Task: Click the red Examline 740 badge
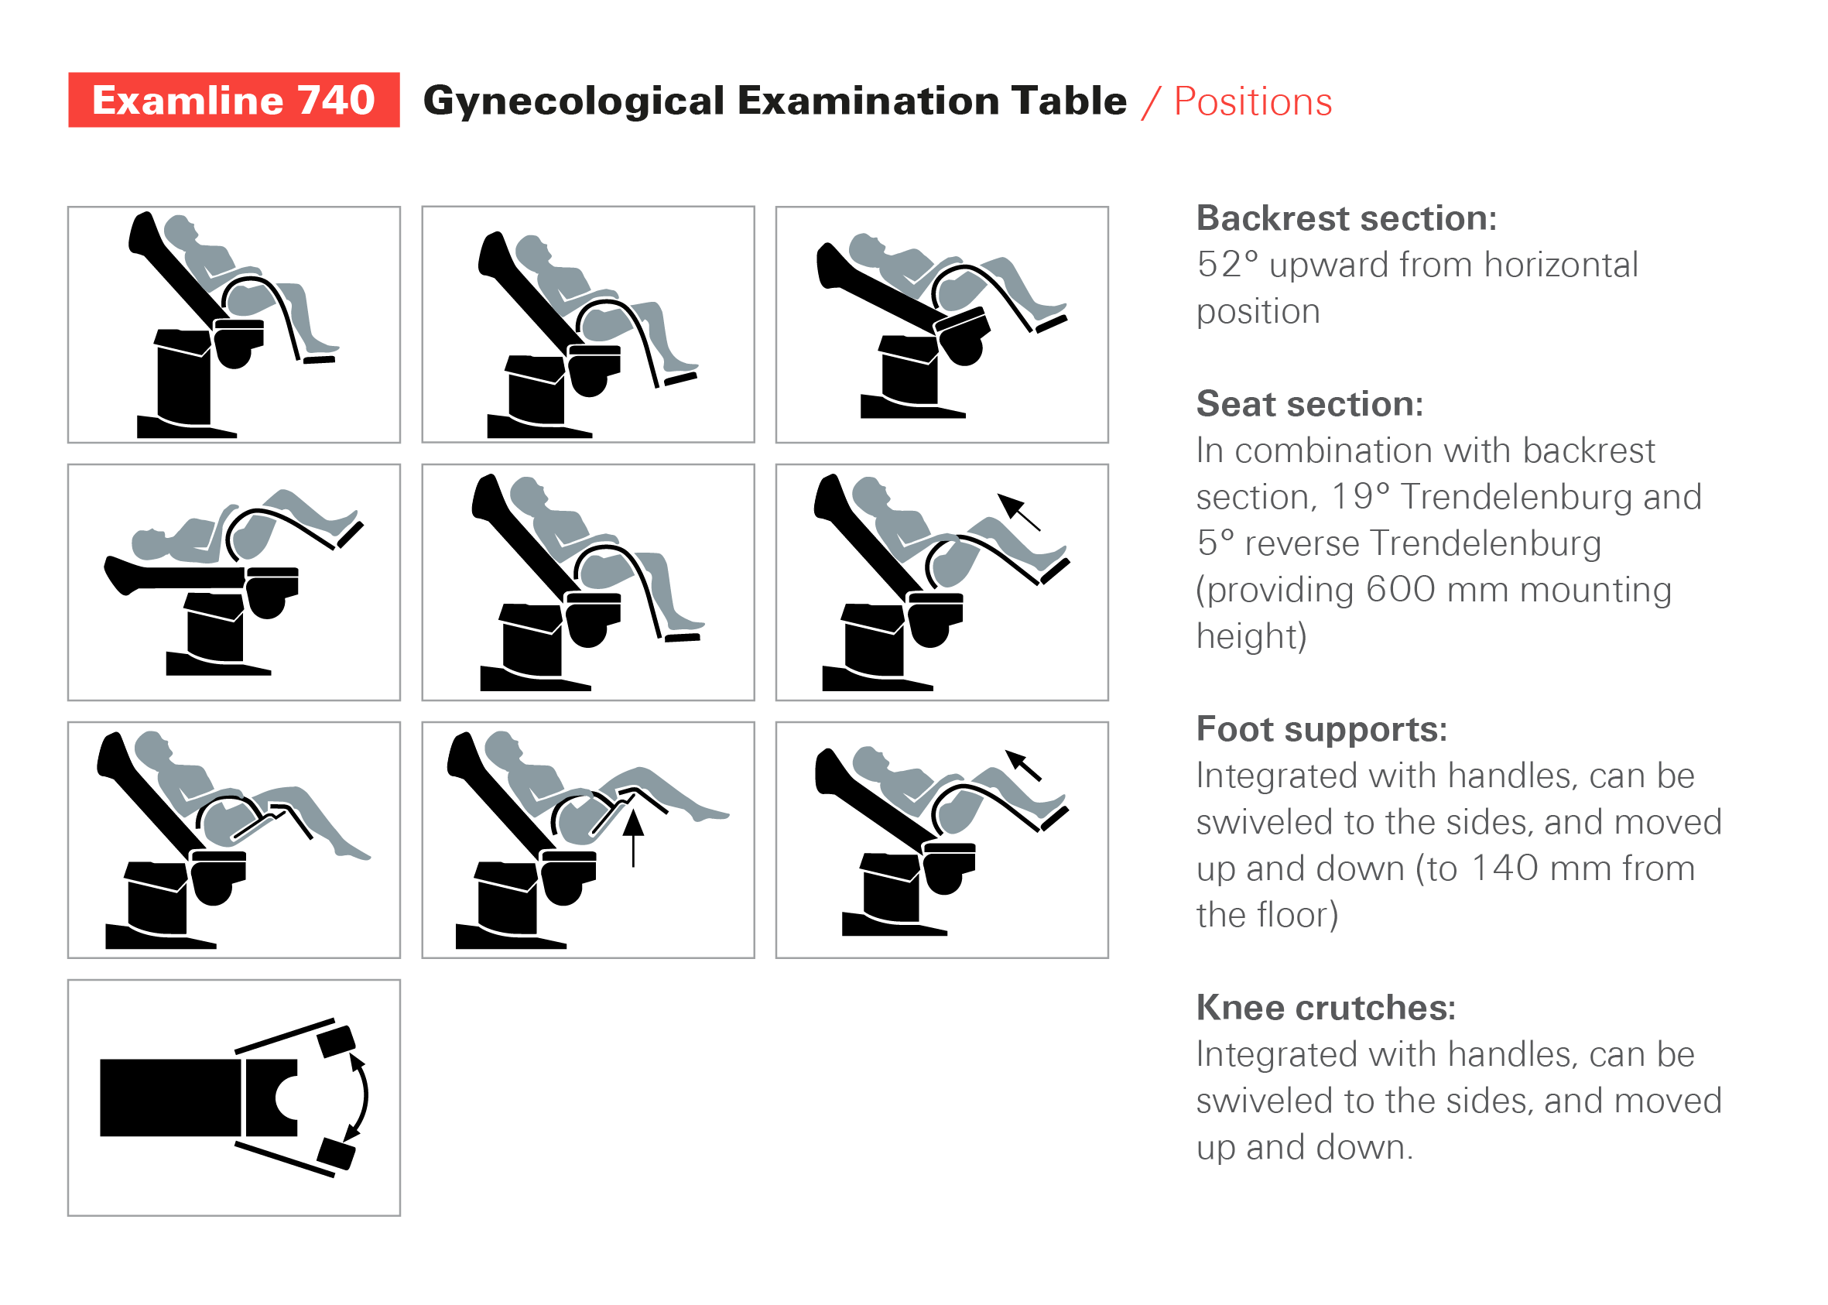pyautogui.click(x=233, y=100)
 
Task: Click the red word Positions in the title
pyautogui.click(x=1252, y=102)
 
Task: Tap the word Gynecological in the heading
pyautogui.click(x=573, y=102)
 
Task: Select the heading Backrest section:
pyautogui.click(x=1346, y=217)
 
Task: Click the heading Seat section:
pyautogui.click(x=1309, y=403)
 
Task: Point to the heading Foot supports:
pyautogui.click(x=1321, y=730)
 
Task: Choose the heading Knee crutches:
pyautogui.click(x=1326, y=1008)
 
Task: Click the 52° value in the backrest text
pyautogui.click(x=1227, y=265)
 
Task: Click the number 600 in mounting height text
pyautogui.click(x=1401, y=590)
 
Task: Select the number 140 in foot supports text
pyautogui.click(x=1505, y=868)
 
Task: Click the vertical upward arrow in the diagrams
pyautogui.click(x=633, y=838)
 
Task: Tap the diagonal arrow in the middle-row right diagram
pyautogui.click(x=1018, y=512)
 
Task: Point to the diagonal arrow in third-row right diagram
pyautogui.click(x=1024, y=765)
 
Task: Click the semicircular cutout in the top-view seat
pyautogui.click(x=286, y=1098)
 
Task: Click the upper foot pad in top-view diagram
pyautogui.click(x=336, y=1041)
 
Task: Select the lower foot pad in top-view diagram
pyautogui.click(x=336, y=1153)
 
